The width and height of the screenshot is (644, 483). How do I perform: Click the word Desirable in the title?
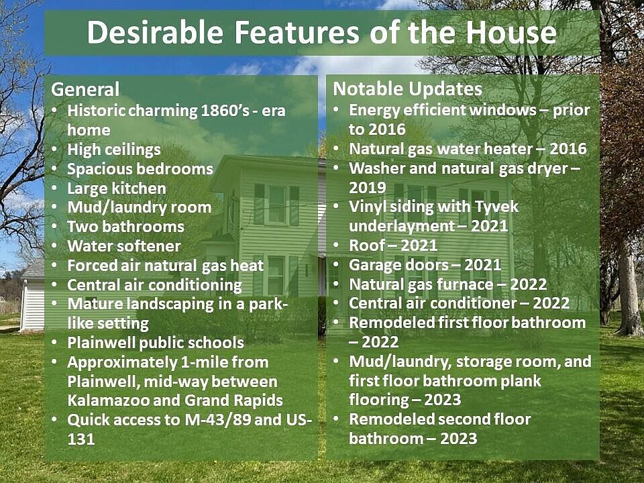click(x=155, y=32)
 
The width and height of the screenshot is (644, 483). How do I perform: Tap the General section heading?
click(x=85, y=89)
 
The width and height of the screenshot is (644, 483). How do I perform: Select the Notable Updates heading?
click(x=407, y=89)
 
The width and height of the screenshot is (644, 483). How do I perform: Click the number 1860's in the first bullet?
click(x=225, y=111)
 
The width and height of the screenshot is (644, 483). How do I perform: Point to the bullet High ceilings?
click(x=114, y=150)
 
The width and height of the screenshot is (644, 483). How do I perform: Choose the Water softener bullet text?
click(x=124, y=246)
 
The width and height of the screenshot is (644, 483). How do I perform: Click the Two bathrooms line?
click(x=125, y=227)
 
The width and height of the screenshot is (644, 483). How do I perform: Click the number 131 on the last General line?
click(x=81, y=439)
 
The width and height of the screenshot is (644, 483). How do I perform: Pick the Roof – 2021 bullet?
click(x=393, y=246)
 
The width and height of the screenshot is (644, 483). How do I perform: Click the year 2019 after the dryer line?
click(x=368, y=188)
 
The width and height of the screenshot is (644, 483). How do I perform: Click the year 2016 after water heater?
click(x=568, y=149)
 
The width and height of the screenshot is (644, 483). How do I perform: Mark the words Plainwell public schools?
click(x=156, y=343)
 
